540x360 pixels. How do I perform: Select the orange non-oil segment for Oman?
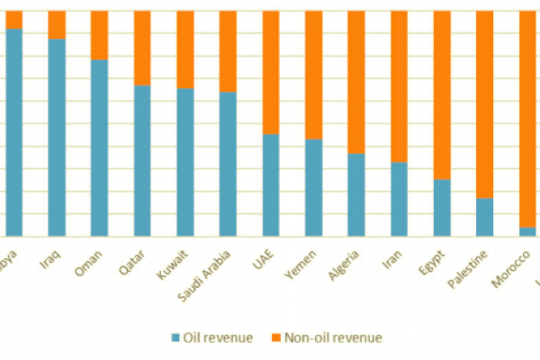coord(99,35)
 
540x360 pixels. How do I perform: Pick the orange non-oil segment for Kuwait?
coord(185,49)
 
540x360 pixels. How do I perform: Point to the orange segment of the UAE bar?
coord(271,72)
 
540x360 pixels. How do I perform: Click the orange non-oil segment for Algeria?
coord(356,82)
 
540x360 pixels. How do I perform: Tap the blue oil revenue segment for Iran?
coord(400,199)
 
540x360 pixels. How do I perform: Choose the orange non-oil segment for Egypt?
coord(442,94)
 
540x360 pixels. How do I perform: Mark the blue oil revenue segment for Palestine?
coord(485,217)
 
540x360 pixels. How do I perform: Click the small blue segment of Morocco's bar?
coord(527,231)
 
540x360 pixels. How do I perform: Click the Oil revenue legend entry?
coord(206,337)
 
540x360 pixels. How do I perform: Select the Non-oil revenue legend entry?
coord(325,337)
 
